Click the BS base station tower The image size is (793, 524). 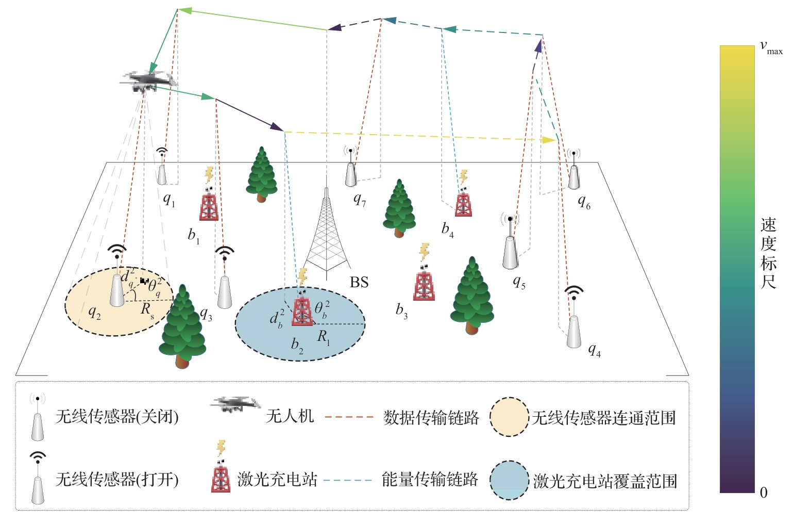click(x=326, y=232)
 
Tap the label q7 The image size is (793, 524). click(x=360, y=199)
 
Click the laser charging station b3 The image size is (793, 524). click(x=424, y=283)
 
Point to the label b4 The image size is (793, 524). click(x=447, y=229)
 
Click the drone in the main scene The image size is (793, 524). click(x=147, y=81)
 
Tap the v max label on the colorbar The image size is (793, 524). click(x=771, y=48)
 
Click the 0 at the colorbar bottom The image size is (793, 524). click(x=764, y=493)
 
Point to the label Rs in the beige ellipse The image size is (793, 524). click(x=147, y=309)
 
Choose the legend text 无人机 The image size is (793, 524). click(x=290, y=416)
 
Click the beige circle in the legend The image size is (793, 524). click(x=509, y=417)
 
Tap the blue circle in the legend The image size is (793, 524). click(x=509, y=480)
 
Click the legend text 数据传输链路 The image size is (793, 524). click(x=431, y=417)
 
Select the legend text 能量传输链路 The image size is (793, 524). click(x=430, y=480)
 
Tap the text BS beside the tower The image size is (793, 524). click(x=359, y=282)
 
